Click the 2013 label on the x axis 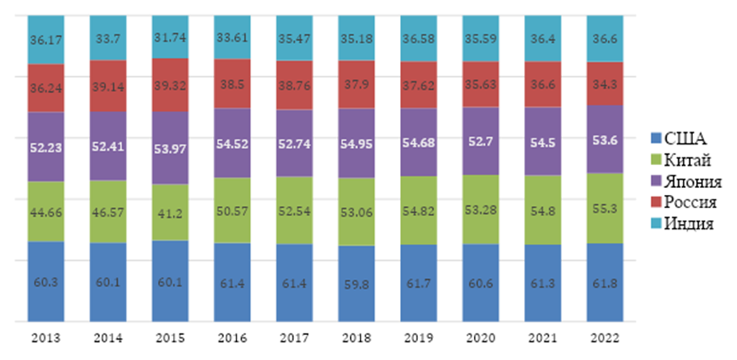click(x=46, y=339)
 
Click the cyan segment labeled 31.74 click(x=170, y=37)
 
